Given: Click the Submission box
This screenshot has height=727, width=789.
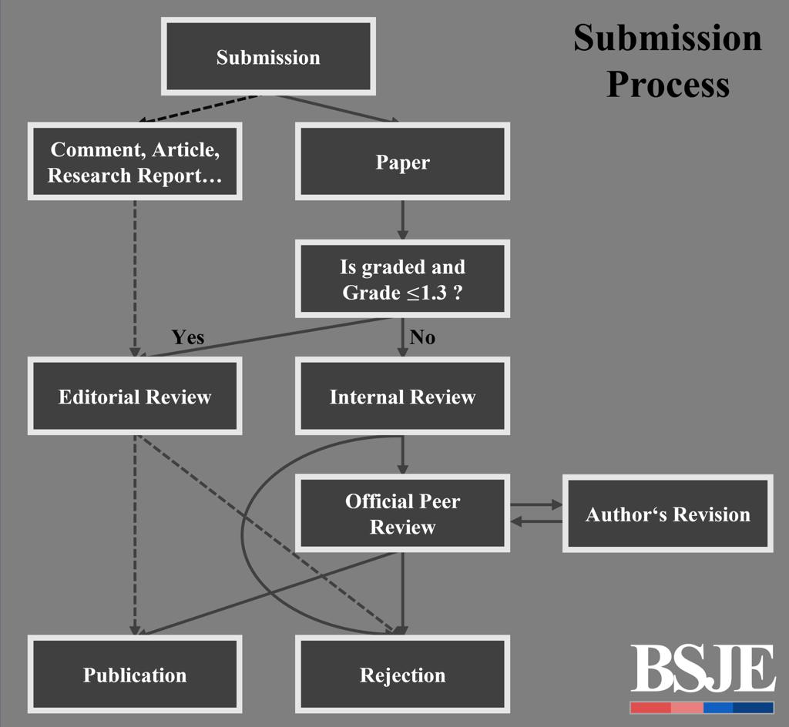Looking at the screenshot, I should tap(267, 57).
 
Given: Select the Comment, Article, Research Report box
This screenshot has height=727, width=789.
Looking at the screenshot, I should tap(135, 162).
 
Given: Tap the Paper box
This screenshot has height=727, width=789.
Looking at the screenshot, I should tap(402, 162).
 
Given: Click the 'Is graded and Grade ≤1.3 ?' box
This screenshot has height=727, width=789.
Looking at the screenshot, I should tap(402, 279).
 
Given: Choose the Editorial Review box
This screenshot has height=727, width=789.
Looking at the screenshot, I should tap(135, 396).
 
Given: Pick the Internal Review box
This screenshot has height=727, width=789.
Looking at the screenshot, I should tap(402, 396).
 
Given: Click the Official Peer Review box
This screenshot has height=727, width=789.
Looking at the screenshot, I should tap(402, 514).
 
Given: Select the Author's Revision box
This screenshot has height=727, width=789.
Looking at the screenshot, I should tap(667, 514).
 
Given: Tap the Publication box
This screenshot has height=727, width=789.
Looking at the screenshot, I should tap(135, 675).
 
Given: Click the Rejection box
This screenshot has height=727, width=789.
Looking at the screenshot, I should tap(402, 675).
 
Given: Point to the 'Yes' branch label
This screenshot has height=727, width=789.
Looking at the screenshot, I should tap(188, 337).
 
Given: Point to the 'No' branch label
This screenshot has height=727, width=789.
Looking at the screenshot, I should tap(422, 337).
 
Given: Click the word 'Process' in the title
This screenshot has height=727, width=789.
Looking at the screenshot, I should tap(667, 83).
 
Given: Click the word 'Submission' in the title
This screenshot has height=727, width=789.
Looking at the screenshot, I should tap(667, 37).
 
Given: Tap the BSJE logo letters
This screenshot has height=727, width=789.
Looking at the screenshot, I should tap(702, 669).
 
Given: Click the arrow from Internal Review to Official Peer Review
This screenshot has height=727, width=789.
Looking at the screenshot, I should tap(402, 454).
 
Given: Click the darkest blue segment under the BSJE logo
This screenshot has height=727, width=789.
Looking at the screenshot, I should tap(753, 708).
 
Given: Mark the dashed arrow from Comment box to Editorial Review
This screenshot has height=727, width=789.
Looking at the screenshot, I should tap(135, 277).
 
